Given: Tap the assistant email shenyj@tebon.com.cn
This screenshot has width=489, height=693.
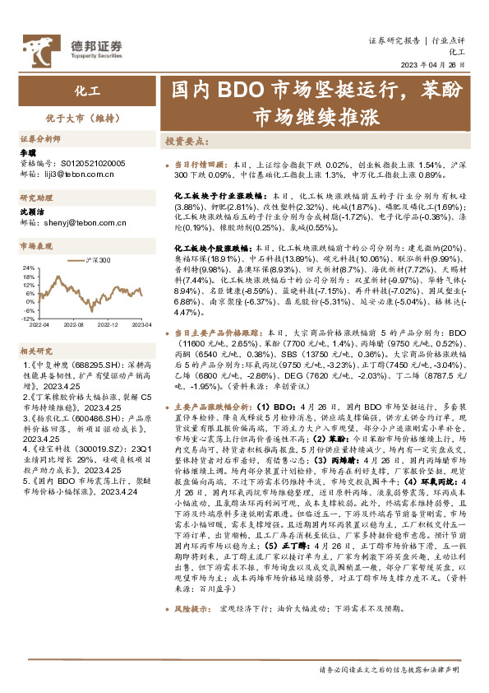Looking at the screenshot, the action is pyautogui.click(x=76, y=221).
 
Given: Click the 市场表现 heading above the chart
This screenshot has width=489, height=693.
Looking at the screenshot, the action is pyautogui.click(x=36, y=245).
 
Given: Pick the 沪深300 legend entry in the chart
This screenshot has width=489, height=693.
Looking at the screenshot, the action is pyautogui.click(x=96, y=259).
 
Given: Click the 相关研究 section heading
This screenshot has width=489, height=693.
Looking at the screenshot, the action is pyautogui.click(x=36, y=350).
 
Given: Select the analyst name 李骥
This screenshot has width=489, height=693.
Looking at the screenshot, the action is pyautogui.click(x=27, y=153).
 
